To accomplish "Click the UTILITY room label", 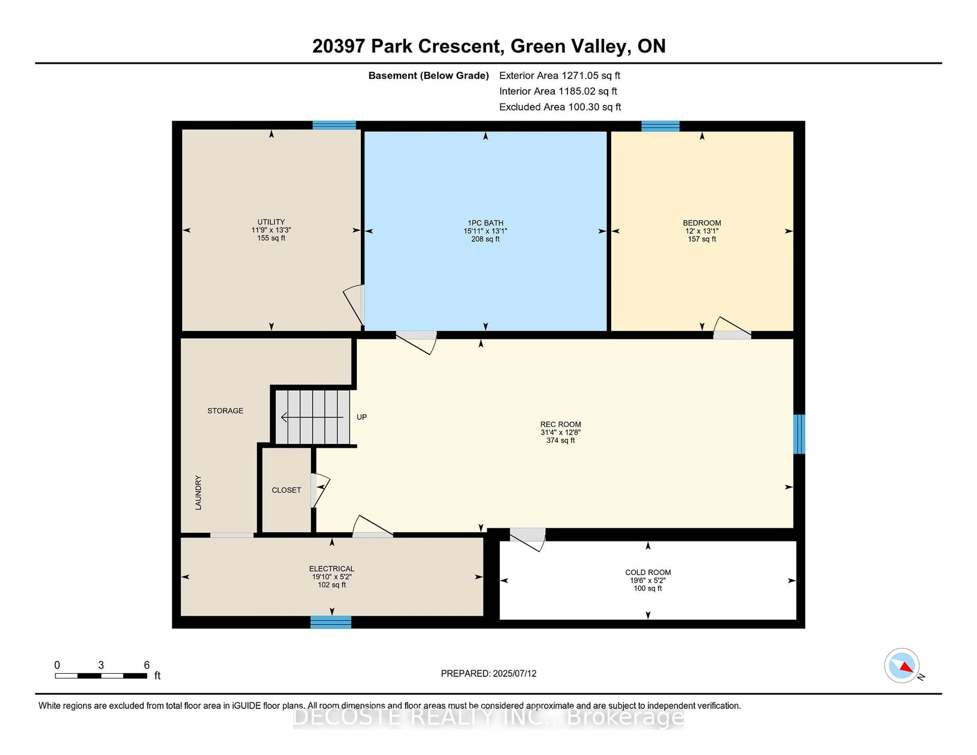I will pyautogui.click(x=271, y=222).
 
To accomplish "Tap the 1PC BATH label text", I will pyautogui.click(x=485, y=223).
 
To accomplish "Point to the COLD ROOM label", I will pyautogui.click(x=648, y=572).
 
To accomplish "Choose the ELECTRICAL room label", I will pyautogui.click(x=332, y=569).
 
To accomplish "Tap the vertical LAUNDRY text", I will pyautogui.click(x=198, y=492).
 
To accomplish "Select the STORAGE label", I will pyautogui.click(x=225, y=411).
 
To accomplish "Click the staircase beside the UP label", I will pyautogui.click(x=312, y=417).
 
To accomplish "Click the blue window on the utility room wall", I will pyautogui.click(x=334, y=125).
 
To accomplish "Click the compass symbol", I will pyautogui.click(x=901, y=665).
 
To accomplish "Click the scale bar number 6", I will pyautogui.click(x=146, y=665).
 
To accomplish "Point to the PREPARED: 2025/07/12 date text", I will pyautogui.click(x=489, y=673).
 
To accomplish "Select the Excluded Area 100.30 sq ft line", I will pyautogui.click(x=560, y=107).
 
